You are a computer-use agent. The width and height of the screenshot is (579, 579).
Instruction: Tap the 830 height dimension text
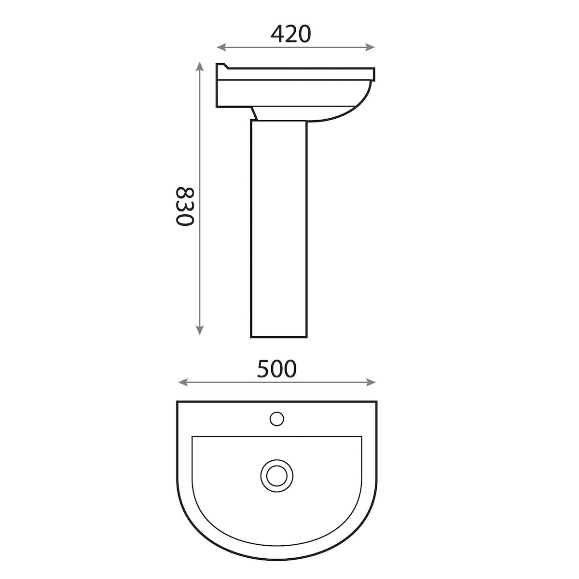coord(184,206)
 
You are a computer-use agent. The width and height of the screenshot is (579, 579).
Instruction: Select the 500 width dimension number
coord(276,369)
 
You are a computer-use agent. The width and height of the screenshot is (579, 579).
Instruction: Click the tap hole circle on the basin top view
coord(276,418)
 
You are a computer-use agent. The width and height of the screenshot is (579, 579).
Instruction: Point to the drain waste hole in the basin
coord(276,473)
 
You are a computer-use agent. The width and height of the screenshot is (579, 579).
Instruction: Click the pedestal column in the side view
coord(278,227)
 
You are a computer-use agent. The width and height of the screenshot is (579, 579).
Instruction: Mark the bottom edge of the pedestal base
coord(278,336)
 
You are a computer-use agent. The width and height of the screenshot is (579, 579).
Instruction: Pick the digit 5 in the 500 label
coord(263,369)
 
